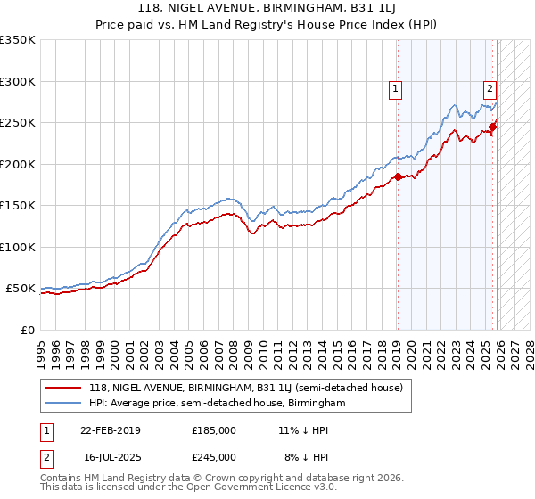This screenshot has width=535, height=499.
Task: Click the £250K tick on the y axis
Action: (18, 122)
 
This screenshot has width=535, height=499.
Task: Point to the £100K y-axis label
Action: (18, 247)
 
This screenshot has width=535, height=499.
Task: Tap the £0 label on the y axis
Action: (27, 330)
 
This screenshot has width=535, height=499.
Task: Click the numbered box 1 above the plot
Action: (395, 88)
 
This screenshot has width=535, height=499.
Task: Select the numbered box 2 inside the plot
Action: (490, 88)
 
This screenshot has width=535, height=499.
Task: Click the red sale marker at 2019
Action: (398, 176)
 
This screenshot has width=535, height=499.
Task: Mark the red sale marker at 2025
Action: (492, 127)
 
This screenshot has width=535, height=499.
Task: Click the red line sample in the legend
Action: (62, 389)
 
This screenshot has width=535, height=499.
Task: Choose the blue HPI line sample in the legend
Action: (62, 404)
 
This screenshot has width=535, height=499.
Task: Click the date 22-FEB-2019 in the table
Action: (111, 429)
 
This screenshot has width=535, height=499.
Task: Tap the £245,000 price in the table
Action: (214, 456)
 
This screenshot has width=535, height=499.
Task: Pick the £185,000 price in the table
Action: (214, 429)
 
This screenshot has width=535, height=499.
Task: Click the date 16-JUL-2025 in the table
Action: (111, 456)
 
